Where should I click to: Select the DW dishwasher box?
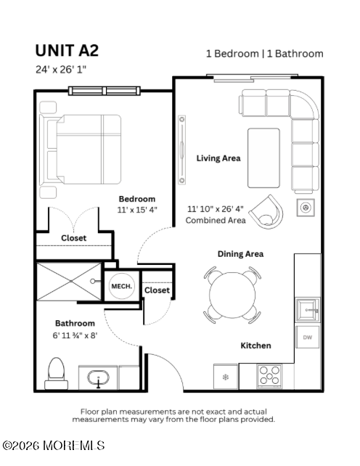pos(306,337)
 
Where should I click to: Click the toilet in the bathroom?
pos(56,372)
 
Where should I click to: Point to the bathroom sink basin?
pos(98,377)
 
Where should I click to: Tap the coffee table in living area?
pos(263,158)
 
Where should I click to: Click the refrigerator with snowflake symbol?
pos(225,377)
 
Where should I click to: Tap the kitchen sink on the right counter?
pos(307,310)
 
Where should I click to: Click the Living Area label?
pos(218,158)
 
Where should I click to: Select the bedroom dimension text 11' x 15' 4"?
pos(137,209)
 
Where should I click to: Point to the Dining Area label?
pos(240,254)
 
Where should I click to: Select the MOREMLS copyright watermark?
pos(53,445)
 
